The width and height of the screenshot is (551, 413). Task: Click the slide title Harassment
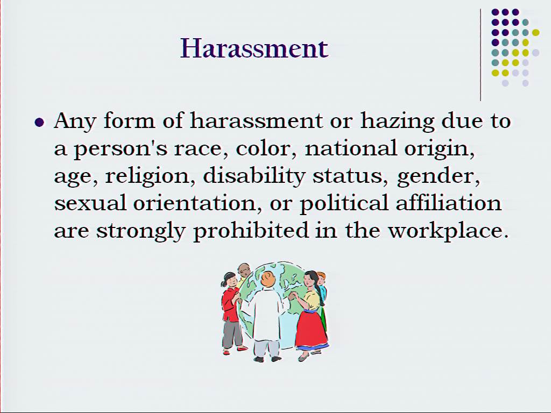coord(255,48)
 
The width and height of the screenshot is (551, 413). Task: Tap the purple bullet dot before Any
coord(40,123)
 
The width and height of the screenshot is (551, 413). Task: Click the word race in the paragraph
coord(198,149)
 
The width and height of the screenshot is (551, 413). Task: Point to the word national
coord(351,148)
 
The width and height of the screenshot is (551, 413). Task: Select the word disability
coord(254,176)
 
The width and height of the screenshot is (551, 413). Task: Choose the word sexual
coord(90,203)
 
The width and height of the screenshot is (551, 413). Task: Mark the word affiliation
coord(448,203)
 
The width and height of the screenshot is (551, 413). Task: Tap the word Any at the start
coord(75,122)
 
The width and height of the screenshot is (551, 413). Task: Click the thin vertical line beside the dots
coord(481,55)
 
